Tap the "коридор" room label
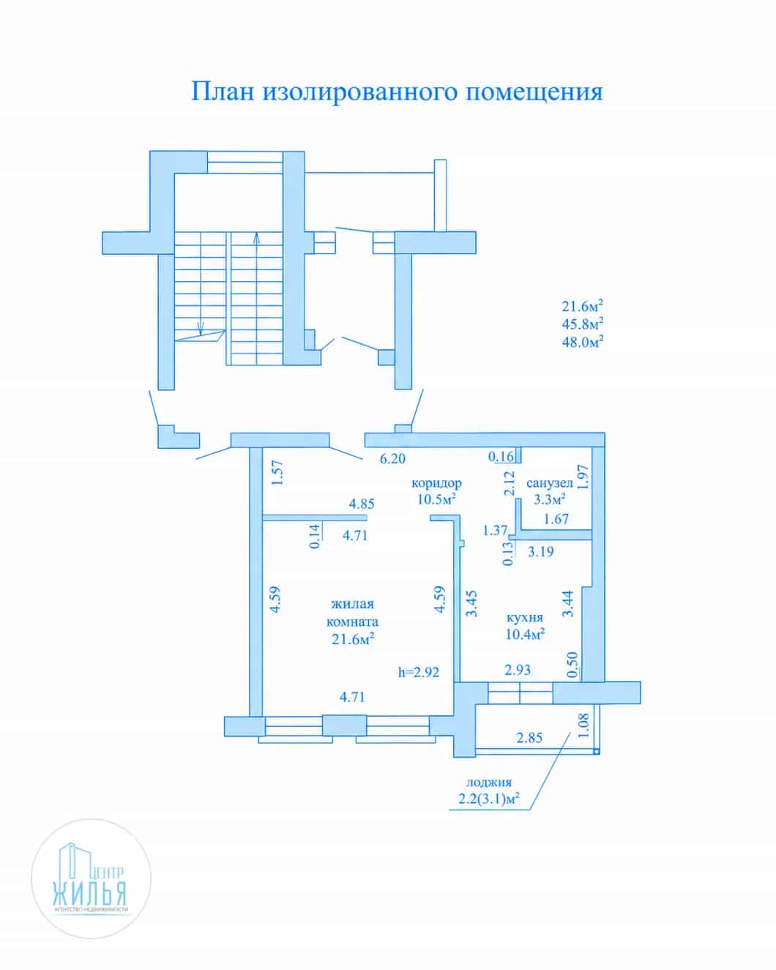436,483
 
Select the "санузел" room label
549,483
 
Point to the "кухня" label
525,618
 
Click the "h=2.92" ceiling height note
419,672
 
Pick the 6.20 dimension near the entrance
392,458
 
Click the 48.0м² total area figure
582,342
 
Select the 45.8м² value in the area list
582,324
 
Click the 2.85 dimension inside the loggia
529,738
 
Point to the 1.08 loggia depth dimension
583,725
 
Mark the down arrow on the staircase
201,328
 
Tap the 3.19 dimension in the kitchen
540,552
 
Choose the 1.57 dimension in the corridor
277,472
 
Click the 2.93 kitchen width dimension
517,670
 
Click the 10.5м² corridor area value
436,499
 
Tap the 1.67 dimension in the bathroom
556,519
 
